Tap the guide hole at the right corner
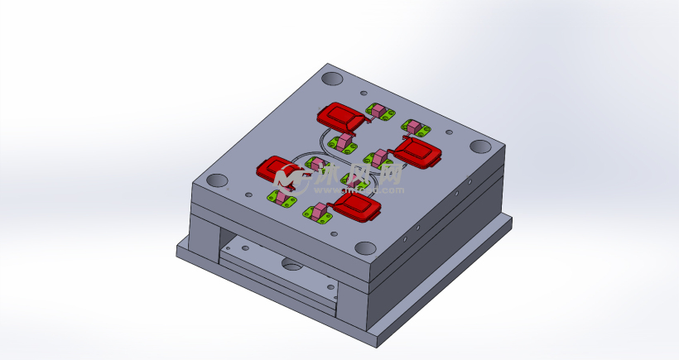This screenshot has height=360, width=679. point(480,146)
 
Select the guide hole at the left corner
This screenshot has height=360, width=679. point(217,180)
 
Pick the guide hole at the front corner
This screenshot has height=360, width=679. point(365,248)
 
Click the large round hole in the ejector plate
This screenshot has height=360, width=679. point(292,265)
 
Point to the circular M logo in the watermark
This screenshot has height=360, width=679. point(289,176)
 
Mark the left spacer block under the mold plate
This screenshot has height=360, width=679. point(204,236)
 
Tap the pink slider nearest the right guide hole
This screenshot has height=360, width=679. point(414,127)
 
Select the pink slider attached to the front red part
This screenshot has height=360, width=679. point(321,212)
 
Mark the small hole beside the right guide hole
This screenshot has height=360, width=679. point(450,132)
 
